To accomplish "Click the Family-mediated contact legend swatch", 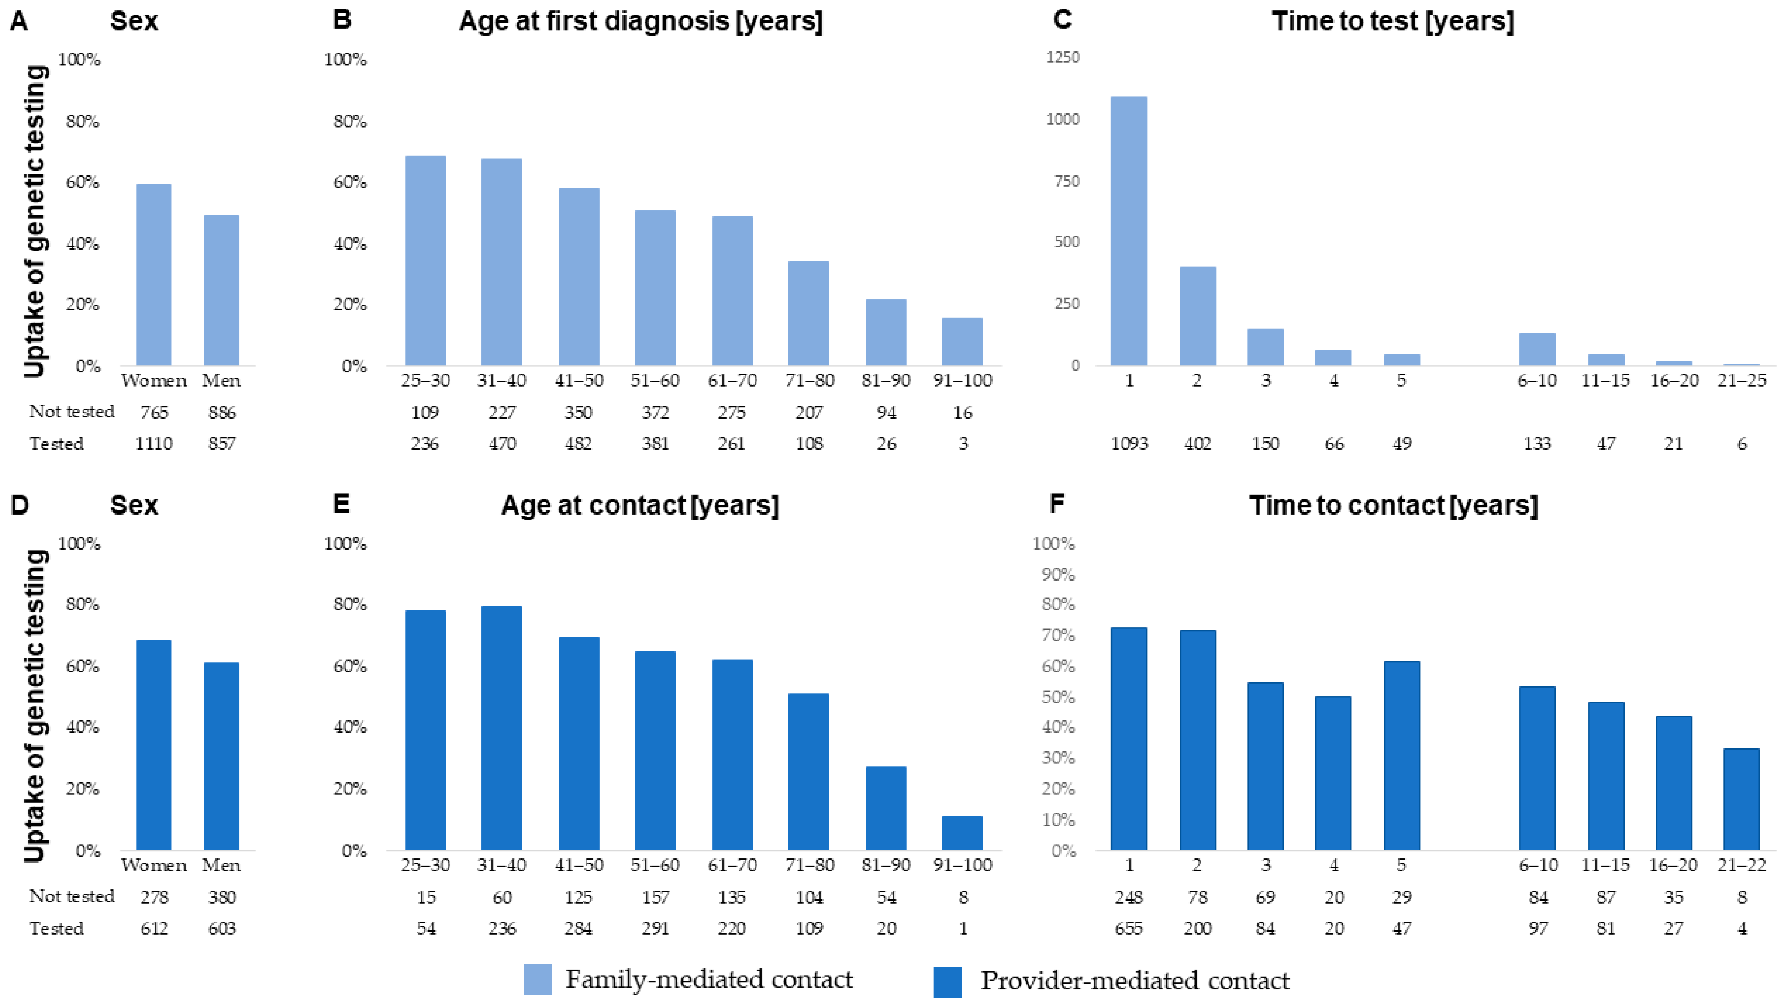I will [x=537, y=979].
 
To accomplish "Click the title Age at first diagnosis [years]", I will [x=641, y=21].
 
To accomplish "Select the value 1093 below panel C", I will [x=1129, y=444].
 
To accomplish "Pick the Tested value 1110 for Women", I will [x=154, y=444].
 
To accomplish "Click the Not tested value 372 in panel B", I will [x=655, y=412].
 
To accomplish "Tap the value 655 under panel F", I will [x=1129, y=928].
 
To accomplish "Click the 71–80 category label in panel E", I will [x=809, y=866].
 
